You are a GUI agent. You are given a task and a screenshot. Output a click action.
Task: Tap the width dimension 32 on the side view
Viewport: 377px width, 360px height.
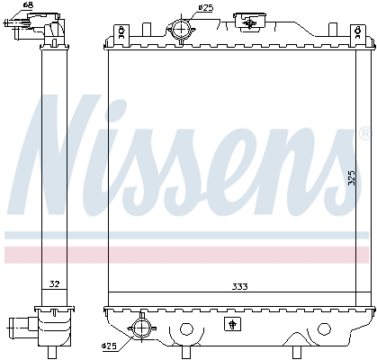click(x=54, y=284)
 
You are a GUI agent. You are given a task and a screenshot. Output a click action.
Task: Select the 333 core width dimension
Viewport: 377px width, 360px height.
click(x=238, y=286)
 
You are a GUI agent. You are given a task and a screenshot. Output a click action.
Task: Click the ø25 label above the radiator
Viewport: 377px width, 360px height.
click(x=206, y=8)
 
